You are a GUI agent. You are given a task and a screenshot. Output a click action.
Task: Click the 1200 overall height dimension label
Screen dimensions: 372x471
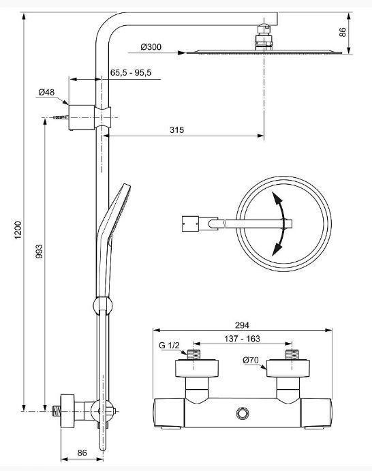[18, 230]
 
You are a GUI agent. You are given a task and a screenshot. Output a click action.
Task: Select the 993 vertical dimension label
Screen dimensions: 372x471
[39, 251]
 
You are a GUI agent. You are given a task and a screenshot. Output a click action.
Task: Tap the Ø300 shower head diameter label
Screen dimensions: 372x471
[151, 47]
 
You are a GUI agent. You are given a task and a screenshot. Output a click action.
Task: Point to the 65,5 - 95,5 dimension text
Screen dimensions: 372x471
[131, 73]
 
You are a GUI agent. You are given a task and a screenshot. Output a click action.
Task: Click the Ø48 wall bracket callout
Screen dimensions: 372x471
[46, 92]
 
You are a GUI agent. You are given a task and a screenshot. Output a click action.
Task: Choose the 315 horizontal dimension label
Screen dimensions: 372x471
[176, 130]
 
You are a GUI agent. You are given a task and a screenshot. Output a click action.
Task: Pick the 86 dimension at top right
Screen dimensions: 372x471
[343, 33]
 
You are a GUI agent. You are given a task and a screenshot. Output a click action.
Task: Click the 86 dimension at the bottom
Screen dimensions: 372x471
[82, 453]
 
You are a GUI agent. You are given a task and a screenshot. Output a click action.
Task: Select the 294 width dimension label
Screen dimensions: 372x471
[242, 325]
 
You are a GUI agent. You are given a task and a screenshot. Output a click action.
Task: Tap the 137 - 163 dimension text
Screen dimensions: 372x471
[242, 339]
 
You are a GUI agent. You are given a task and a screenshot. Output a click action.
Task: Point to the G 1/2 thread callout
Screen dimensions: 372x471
[169, 346]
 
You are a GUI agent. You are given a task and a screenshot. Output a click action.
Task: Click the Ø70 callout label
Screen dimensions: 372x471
[251, 360]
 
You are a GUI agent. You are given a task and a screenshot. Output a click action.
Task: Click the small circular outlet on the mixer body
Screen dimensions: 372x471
[243, 413]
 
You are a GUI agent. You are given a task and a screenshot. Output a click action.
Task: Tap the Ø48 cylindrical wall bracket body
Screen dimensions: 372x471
[82, 117]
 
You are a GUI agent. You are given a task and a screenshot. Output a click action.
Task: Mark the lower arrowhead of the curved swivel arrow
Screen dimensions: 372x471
[277, 249]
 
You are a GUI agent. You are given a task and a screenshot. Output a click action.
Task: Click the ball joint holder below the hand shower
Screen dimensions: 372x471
[103, 305]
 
